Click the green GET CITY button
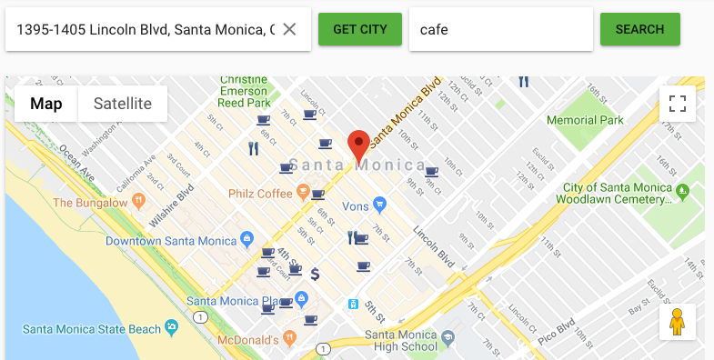tap(359, 29)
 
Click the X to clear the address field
tap(289, 29)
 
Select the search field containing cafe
tap(500, 29)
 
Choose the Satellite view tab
tap(123, 104)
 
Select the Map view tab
tap(46, 104)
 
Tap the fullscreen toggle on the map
tap(677, 104)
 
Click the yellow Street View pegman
tap(677, 322)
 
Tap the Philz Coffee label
tap(260, 194)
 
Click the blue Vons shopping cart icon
tap(380, 205)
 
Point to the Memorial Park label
tap(585, 120)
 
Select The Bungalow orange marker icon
tap(139, 200)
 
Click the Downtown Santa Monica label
tap(171, 241)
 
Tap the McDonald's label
tap(247, 340)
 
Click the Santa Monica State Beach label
tap(89, 328)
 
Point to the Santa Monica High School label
tap(400, 340)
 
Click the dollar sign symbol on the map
tap(315, 273)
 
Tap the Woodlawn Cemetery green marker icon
tap(682, 189)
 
